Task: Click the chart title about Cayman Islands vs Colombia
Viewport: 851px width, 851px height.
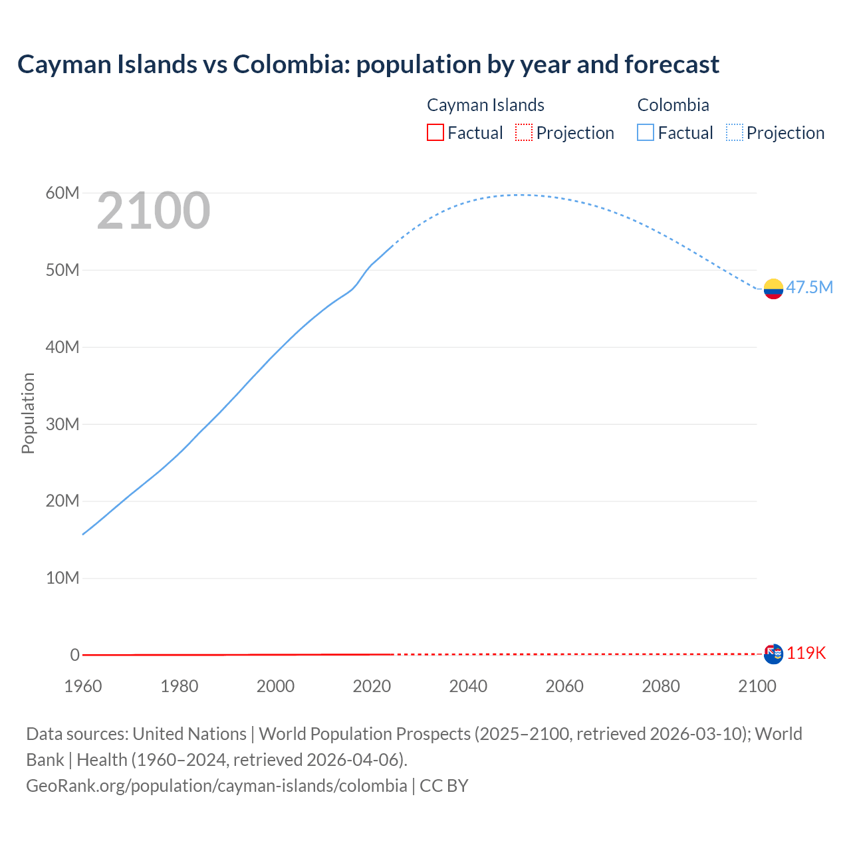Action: click(368, 64)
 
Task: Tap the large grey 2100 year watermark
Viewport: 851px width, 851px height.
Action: click(154, 211)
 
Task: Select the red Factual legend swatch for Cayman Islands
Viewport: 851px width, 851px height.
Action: click(435, 132)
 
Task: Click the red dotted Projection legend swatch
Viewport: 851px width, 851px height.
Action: click(524, 132)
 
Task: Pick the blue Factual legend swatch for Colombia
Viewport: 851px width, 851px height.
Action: click(646, 132)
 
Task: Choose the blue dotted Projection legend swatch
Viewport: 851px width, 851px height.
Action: click(734, 132)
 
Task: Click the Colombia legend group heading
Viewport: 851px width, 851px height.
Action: click(673, 105)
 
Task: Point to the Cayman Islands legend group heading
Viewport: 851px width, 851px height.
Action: click(485, 105)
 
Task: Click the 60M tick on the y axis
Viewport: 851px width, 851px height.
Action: click(62, 193)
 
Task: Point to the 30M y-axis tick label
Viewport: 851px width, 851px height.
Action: click(62, 424)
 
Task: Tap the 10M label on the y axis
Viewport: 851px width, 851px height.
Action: click(62, 578)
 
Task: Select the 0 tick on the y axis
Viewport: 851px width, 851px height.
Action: click(74, 655)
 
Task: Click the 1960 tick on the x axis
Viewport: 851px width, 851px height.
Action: click(83, 686)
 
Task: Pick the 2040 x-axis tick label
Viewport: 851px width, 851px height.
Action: click(468, 686)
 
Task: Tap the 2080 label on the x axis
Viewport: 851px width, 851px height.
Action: click(661, 686)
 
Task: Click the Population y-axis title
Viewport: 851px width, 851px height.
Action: click(28, 413)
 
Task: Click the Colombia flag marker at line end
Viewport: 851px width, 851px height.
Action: click(773, 289)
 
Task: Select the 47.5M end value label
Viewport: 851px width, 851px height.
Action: click(809, 287)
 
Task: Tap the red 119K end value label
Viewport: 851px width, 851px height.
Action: click(806, 654)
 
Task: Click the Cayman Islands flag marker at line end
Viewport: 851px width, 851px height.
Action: click(773, 654)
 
